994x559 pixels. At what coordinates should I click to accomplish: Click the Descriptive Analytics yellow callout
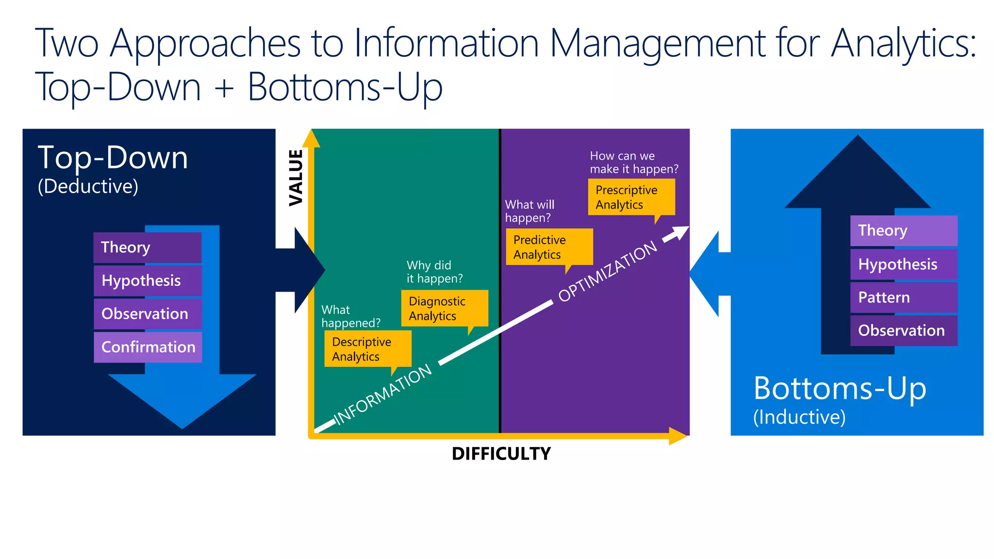[367, 349]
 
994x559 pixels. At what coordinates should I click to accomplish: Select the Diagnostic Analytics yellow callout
[444, 308]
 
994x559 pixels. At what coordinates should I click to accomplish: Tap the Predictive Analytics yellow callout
[549, 247]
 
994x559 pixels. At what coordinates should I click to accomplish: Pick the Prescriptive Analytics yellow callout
[631, 197]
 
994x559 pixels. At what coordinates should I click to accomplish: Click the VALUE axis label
[296, 178]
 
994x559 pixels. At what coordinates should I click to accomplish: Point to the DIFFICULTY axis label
[501, 454]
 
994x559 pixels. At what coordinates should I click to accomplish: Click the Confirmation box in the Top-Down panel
[148, 347]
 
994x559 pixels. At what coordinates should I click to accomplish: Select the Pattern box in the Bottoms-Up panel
[903, 297]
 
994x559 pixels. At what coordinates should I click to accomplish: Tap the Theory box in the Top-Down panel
[147, 247]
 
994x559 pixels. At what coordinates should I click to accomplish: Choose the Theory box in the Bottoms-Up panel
[903, 230]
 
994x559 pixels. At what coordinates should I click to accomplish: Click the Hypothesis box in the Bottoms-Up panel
[903, 264]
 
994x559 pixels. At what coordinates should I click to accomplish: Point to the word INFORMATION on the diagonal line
[383, 394]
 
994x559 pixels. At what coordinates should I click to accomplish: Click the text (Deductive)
[88, 186]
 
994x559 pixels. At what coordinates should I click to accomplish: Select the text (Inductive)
[799, 417]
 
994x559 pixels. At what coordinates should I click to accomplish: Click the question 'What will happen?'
[530, 211]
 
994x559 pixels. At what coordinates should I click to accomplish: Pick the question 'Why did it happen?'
[434, 272]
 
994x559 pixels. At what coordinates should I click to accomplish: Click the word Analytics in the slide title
[903, 44]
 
